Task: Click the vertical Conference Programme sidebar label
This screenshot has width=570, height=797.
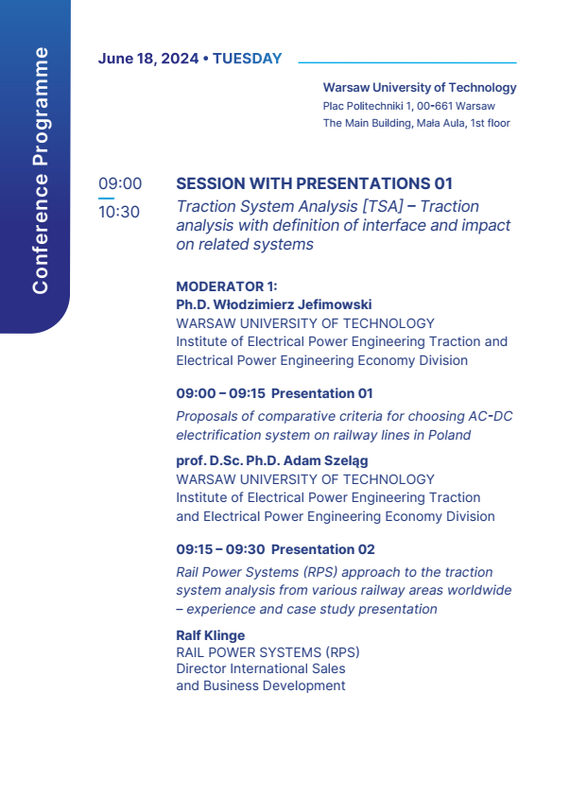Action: (x=40, y=170)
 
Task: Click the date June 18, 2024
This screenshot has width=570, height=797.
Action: (x=148, y=59)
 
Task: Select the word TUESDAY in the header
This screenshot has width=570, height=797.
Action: (x=247, y=59)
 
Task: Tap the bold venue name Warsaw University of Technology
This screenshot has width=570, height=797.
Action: (x=420, y=87)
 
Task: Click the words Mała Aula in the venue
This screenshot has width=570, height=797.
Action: (x=440, y=123)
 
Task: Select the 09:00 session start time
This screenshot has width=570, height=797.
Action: (x=120, y=183)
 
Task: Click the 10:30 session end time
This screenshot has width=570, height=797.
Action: (x=119, y=212)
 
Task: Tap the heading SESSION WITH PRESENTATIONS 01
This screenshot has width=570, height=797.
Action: (x=314, y=183)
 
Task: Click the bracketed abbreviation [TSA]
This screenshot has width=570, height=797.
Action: (x=383, y=206)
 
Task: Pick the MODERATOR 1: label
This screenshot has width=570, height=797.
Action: (x=227, y=286)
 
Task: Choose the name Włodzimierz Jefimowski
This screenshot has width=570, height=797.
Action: (x=292, y=304)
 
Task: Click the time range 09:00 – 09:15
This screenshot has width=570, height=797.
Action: (x=221, y=393)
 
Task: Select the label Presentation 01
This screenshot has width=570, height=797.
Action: (x=322, y=393)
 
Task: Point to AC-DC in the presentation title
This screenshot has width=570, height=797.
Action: (x=491, y=416)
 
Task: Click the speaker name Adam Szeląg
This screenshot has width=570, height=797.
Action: (x=325, y=461)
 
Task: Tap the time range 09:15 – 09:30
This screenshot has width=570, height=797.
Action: (x=220, y=549)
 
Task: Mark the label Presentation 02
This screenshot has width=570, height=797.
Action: (x=323, y=549)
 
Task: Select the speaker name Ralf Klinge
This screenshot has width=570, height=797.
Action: (x=210, y=636)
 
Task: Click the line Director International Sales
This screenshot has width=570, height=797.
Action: (x=261, y=669)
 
